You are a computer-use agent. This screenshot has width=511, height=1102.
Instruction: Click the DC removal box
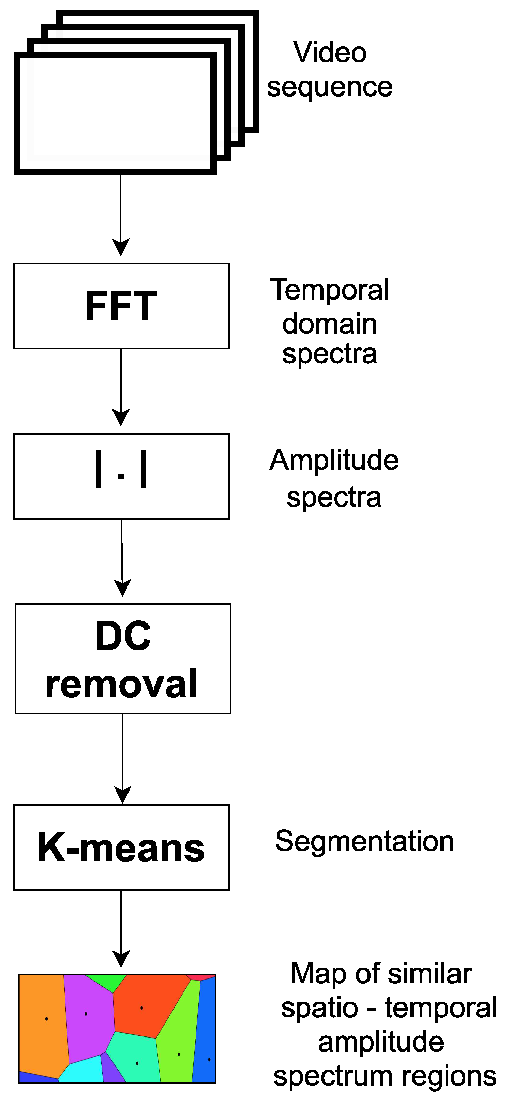(123, 658)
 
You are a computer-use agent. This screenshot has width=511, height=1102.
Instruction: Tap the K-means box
(121, 847)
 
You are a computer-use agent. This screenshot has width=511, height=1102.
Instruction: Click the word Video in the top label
(330, 52)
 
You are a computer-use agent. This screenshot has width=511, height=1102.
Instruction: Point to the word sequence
(330, 87)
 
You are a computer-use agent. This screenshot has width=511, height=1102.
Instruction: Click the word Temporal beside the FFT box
(330, 290)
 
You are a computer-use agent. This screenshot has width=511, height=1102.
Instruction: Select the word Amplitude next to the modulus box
(334, 460)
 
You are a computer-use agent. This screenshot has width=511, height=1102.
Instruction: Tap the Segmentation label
(364, 841)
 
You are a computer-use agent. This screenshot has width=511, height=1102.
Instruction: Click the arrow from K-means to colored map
(121, 928)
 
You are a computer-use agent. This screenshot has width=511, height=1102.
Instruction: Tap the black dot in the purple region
(86, 1013)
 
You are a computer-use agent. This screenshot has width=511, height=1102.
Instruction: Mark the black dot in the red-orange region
(141, 1008)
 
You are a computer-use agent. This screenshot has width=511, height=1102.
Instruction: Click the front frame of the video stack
(115, 113)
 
